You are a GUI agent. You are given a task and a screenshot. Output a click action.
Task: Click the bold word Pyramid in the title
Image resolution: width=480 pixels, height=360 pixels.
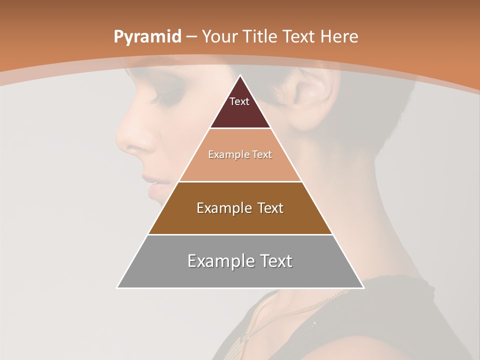[x=147, y=37]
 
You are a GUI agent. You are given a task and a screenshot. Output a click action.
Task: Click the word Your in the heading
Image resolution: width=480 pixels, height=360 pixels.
[x=220, y=36]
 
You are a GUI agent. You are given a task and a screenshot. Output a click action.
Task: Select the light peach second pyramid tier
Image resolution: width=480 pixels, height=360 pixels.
[x=240, y=167]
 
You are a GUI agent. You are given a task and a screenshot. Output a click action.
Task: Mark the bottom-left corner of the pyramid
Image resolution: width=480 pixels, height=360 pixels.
[x=118, y=287]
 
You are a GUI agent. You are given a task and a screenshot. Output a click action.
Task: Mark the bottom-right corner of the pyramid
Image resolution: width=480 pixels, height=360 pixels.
[x=363, y=287]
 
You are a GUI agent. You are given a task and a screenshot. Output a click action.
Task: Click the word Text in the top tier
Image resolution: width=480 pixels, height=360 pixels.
[x=239, y=101]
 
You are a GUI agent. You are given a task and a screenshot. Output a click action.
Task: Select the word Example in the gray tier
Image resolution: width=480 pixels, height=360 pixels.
[x=216, y=261]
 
